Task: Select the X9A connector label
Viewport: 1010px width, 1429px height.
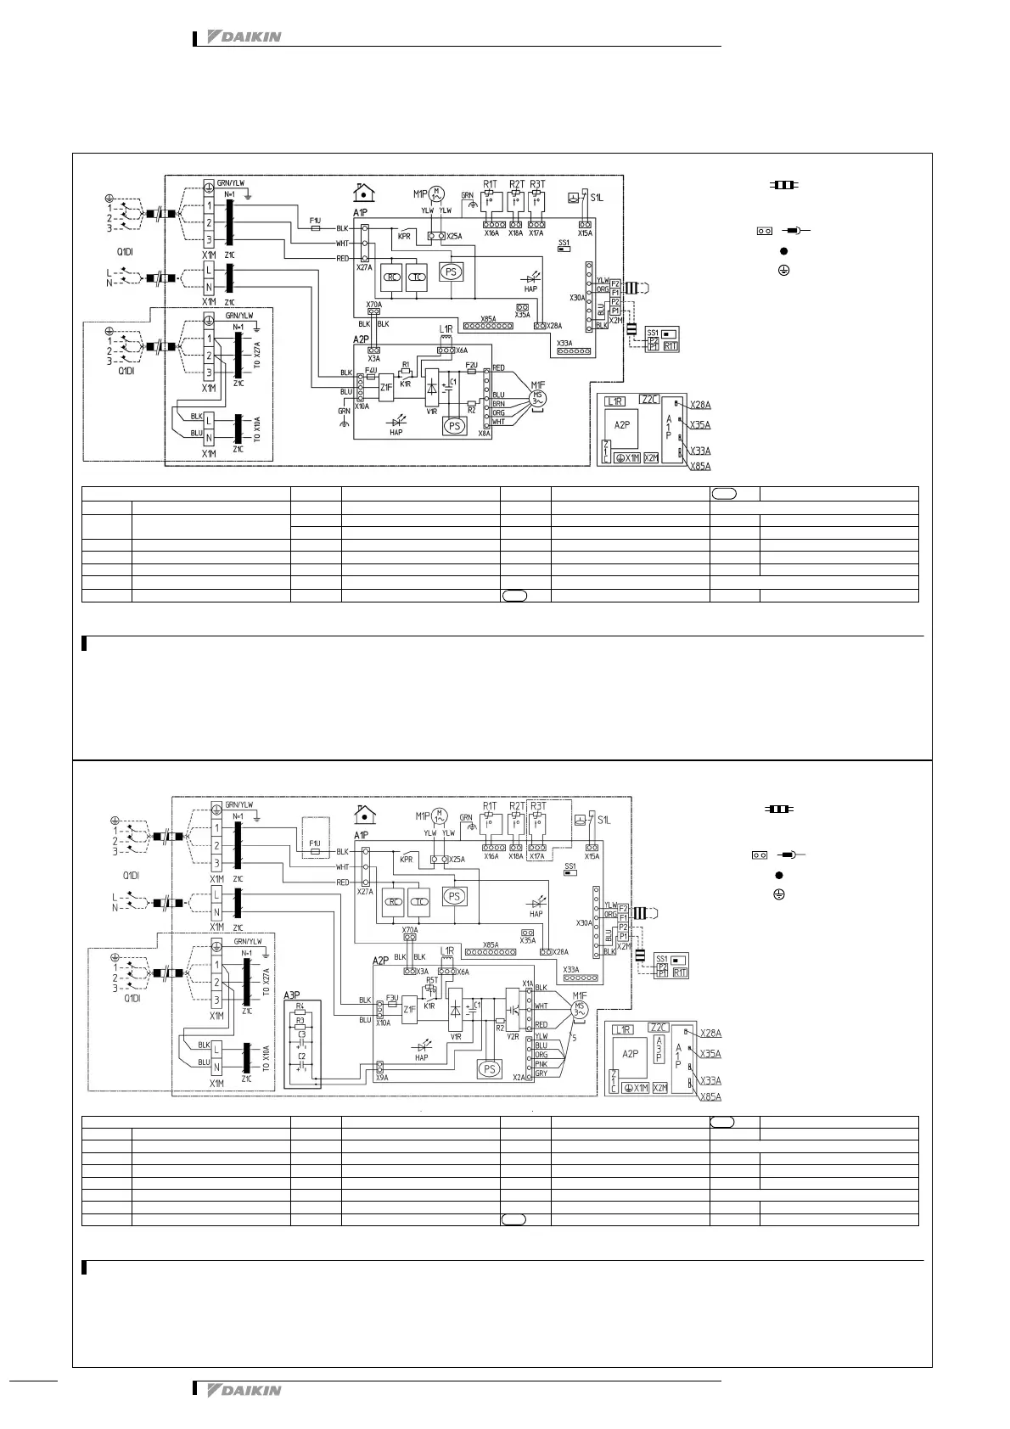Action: (x=381, y=1078)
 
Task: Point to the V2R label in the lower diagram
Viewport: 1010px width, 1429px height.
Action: (x=513, y=1036)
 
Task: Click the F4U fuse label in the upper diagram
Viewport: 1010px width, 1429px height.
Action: (x=371, y=370)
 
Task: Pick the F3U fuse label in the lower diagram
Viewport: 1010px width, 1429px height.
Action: (x=392, y=998)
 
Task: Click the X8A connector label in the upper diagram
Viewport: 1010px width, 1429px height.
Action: (x=485, y=433)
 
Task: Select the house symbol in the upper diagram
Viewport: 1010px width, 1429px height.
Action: (x=365, y=192)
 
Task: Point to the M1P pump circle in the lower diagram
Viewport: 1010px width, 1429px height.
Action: (x=439, y=816)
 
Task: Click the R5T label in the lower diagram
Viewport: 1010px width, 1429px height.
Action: (x=431, y=979)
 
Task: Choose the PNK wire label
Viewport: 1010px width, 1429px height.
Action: (x=541, y=1063)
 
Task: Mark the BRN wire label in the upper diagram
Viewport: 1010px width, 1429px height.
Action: (x=498, y=404)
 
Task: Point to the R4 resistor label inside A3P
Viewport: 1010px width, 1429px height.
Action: (x=300, y=1006)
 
